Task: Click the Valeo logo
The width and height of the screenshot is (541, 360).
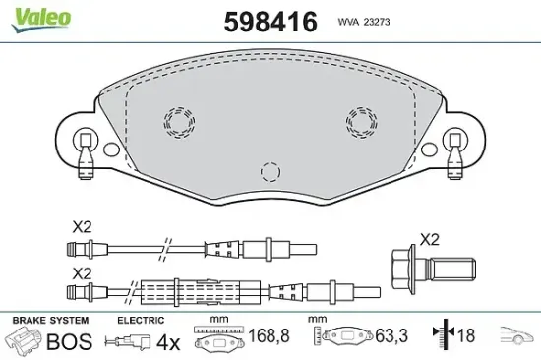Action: pyautogui.click(x=40, y=20)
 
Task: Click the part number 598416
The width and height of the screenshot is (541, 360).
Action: pyautogui.click(x=270, y=22)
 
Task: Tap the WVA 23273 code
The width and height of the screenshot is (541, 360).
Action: pyautogui.click(x=364, y=22)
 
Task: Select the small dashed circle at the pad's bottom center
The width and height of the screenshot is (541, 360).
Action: pyautogui.click(x=270, y=172)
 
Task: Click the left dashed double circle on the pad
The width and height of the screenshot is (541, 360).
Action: pyautogui.click(x=179, y=122)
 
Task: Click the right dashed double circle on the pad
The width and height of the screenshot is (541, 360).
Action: pyautogui.click(x=362, y=122)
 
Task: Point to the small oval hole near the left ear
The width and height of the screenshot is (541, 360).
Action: pyautogui.click(x=111, y=150)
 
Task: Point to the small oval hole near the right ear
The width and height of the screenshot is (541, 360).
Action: pyautogui.click(x=429, y=150)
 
